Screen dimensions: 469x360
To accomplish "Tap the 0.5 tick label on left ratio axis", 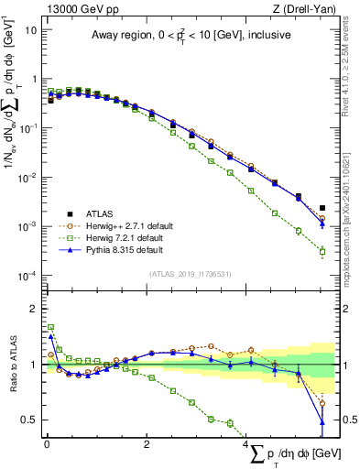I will (27, 420).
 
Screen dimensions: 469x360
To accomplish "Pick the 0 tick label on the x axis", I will (47, 445).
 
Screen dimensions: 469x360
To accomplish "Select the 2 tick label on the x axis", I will (147, 445).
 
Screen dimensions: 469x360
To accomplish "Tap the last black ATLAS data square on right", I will (322, 208).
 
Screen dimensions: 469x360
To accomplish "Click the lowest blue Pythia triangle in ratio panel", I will (322, 421).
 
